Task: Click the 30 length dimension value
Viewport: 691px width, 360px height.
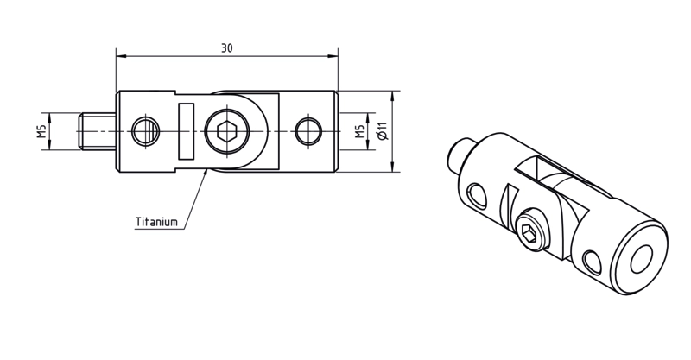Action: point(226,48)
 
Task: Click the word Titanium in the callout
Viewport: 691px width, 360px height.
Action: point(156,222)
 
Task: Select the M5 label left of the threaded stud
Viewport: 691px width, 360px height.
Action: point(41,131)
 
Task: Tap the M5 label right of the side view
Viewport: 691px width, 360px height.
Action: point(360,131)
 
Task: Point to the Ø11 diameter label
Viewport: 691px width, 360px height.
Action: point(382,131)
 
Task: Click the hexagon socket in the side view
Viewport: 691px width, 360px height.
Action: point(227,131)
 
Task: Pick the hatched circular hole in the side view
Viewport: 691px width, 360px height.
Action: point(146,131)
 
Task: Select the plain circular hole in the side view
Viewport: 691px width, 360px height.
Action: point(308,131)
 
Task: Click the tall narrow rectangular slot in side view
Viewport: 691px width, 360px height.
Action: point(186,131)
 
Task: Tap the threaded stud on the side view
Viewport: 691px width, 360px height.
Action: point(98,131)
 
